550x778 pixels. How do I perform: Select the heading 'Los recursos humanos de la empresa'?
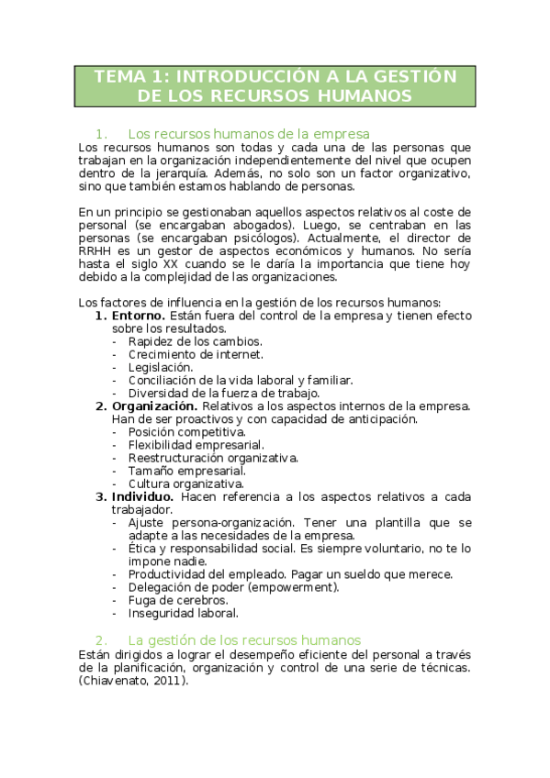point(249,133)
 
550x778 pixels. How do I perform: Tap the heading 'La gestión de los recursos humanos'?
point(244,639)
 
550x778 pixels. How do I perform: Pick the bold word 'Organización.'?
point(154,406)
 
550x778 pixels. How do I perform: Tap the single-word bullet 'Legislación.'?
point(161,367)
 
